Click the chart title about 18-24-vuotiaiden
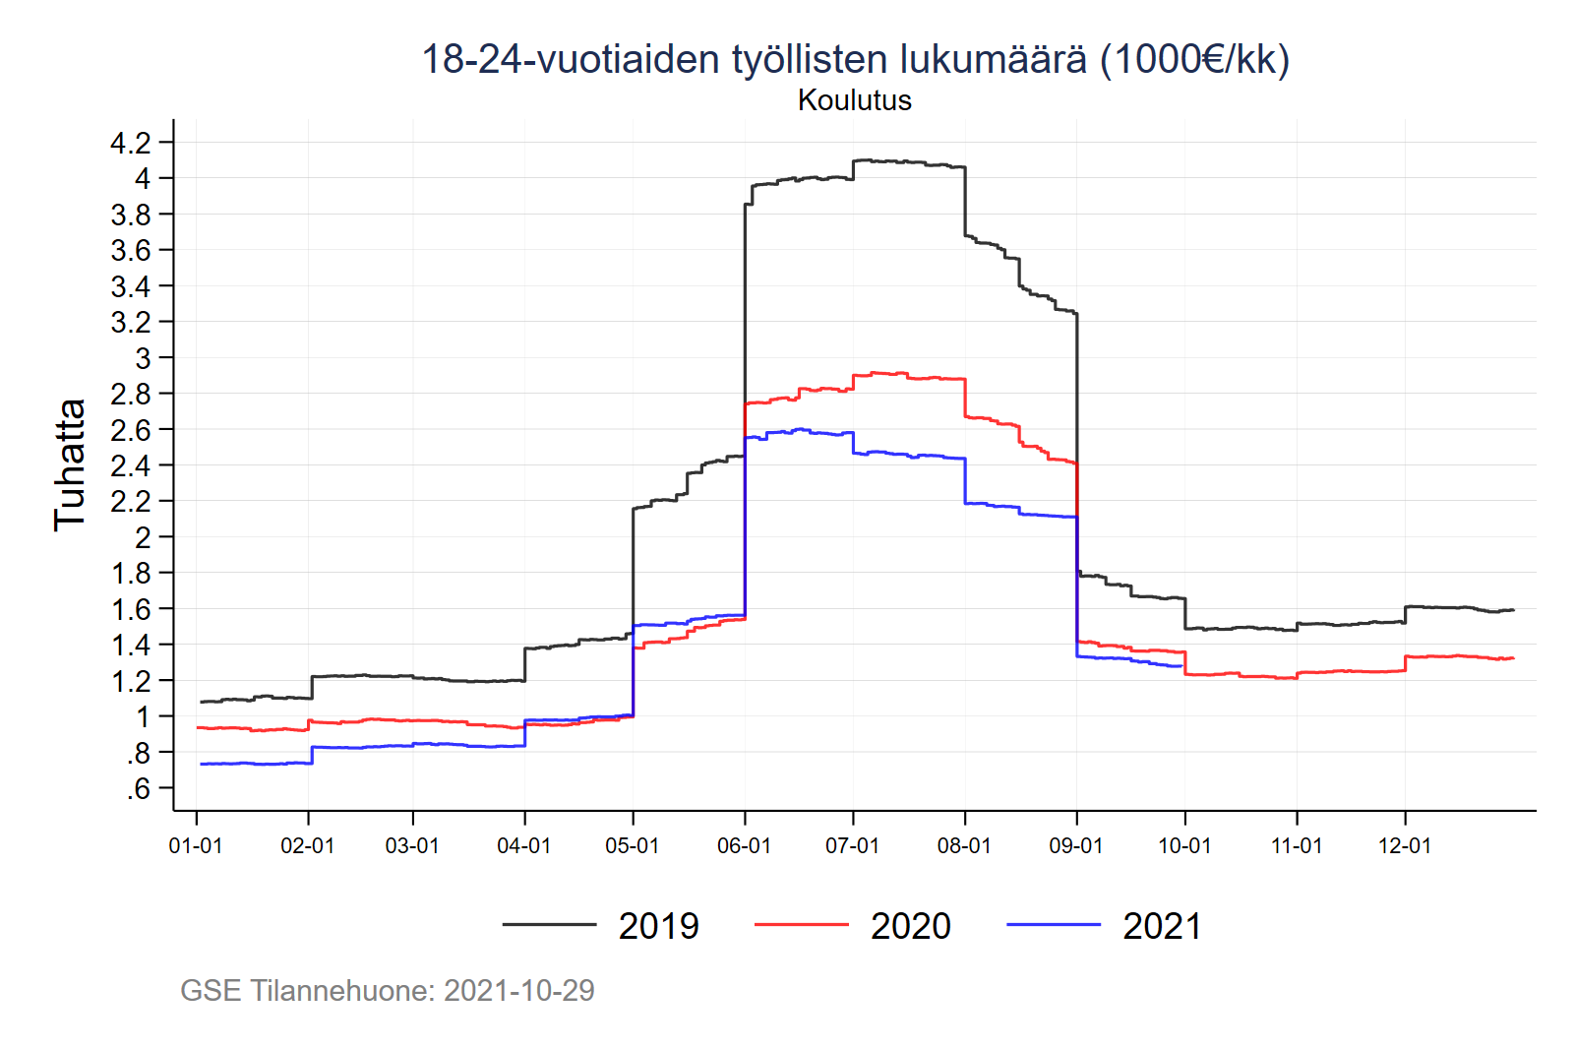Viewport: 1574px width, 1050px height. click(855, 59)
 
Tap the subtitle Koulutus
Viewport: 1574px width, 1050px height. click(855, 100)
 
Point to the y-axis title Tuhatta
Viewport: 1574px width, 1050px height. click(70, 464)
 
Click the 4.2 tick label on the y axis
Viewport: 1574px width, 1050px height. click(131, 144)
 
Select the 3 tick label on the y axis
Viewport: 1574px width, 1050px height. click(144, 358)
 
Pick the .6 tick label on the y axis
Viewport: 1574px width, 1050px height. click(139, 789)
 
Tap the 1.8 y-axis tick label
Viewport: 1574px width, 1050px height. click(131, 574)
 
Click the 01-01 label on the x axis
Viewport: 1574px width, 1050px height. click(196, 846)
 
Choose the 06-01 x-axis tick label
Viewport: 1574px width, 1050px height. click(744, 846)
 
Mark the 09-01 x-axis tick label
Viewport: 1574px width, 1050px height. click(1076, 846)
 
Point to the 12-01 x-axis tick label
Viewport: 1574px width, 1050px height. click(1405, 846)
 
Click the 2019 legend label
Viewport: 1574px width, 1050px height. click(658, 926)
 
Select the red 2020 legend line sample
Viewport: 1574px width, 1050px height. click(801, 925)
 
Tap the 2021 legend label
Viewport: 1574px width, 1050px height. click(1162, 926)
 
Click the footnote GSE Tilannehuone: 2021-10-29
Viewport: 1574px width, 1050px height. click(388, 991)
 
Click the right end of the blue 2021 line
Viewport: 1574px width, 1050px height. click(1180, 666)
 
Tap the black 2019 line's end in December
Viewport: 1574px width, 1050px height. click(1513, 610)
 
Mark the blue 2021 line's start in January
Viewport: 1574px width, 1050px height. click(201, 764)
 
